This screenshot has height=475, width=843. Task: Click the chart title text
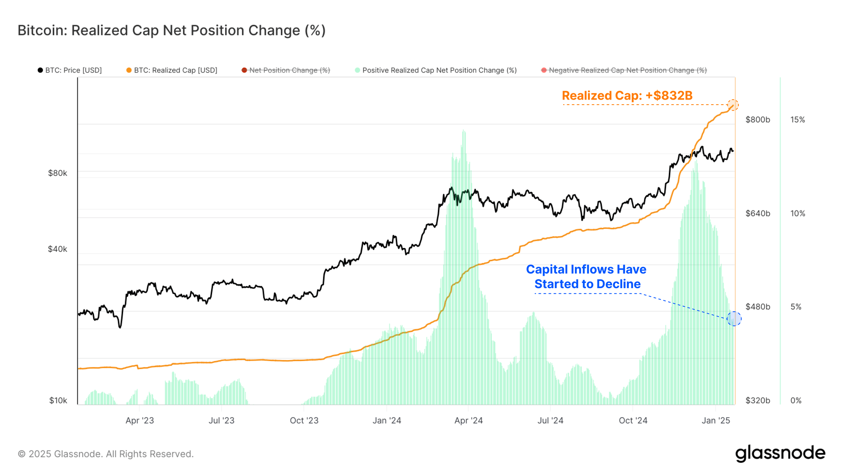coord(172,30)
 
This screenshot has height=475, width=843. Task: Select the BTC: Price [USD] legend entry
coord(70,70)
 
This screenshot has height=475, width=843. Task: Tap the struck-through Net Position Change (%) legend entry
coord(286,70)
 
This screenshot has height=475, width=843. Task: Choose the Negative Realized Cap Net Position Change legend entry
coord(624,70)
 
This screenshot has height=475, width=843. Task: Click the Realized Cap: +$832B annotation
coord(627,96)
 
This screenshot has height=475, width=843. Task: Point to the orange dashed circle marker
coord(733,105)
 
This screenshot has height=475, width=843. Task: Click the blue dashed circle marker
coord(734,318)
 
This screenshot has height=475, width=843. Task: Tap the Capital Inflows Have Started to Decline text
coord(586,277)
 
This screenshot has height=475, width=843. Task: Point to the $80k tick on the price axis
coord(57,173)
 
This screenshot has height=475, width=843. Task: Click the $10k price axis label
coord(58,400)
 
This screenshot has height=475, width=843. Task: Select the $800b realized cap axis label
coord(757,119)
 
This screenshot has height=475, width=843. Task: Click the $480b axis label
coord(757,307)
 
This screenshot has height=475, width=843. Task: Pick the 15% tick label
coord(797,119)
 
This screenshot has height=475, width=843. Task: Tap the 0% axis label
coord(796,400)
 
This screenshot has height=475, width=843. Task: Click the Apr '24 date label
coord(468,421)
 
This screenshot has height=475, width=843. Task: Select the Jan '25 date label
coord(716,421)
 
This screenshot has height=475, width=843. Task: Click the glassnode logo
coord(780,453)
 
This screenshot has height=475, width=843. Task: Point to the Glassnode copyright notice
coord(106,454)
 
